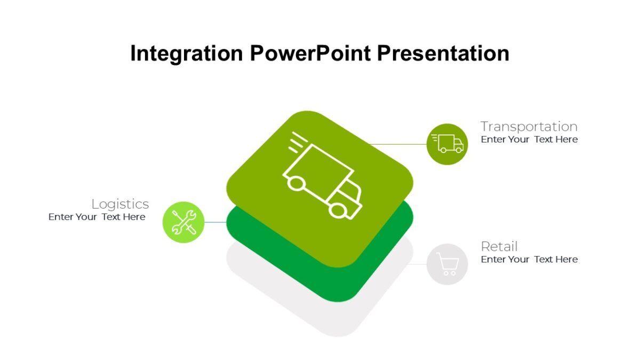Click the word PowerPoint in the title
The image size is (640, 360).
(x=310, y=54)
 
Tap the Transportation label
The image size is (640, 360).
(x=529, y=126)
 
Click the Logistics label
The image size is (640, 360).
(x=120, y=204)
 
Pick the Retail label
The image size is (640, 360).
(x=499, y=246)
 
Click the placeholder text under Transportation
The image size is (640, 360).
(x=529, y=140)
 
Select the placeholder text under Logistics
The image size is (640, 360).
(x=97, y=217)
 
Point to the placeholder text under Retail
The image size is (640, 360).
(x=529, y=260)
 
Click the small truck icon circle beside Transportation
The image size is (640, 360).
(x=447, y=144)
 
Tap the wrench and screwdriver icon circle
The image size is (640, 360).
(x=183, y=222)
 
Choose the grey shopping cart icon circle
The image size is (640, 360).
(x=447, y=264)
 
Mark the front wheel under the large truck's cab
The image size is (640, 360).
(x=337, y=210)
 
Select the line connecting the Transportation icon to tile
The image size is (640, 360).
(x=397, y=144)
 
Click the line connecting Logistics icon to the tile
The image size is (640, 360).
(x=215, y=222)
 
